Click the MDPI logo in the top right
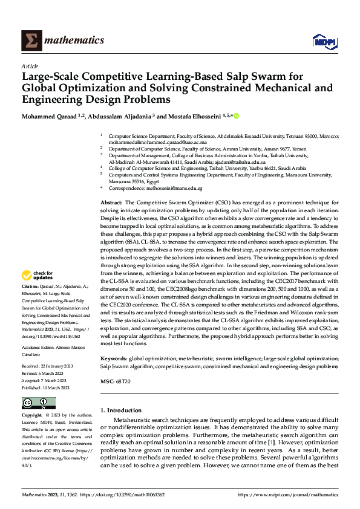point(324,41)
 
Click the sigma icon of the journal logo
point(31,40)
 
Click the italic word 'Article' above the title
point(30,66)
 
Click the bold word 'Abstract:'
point(111,201)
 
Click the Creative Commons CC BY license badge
point(38,403)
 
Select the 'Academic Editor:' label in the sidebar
point(38,348)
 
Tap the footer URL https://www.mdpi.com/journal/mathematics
point(287,494)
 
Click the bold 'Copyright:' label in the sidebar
point(31,415)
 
